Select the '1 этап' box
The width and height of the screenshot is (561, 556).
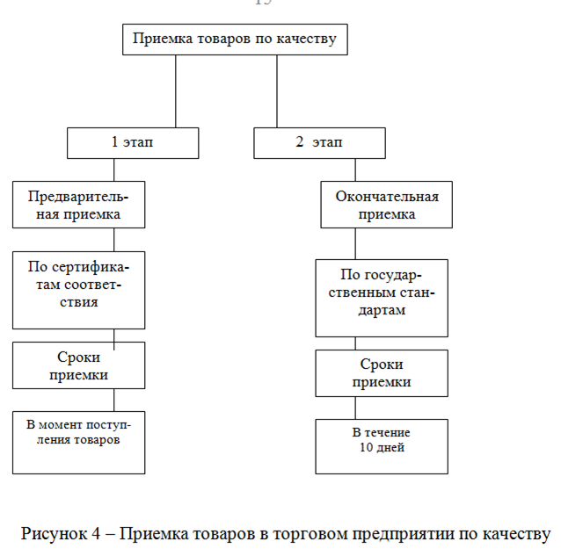133,142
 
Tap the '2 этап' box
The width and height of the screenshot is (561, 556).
319,142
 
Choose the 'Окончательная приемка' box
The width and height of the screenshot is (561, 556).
387,206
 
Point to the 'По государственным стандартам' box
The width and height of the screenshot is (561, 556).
382,297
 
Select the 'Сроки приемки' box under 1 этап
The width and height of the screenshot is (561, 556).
77,366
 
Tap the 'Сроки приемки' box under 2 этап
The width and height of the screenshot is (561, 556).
382,374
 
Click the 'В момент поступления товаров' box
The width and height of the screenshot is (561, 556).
77,441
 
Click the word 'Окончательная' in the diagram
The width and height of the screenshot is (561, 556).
387,196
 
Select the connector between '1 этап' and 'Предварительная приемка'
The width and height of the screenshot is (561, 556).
114,169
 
